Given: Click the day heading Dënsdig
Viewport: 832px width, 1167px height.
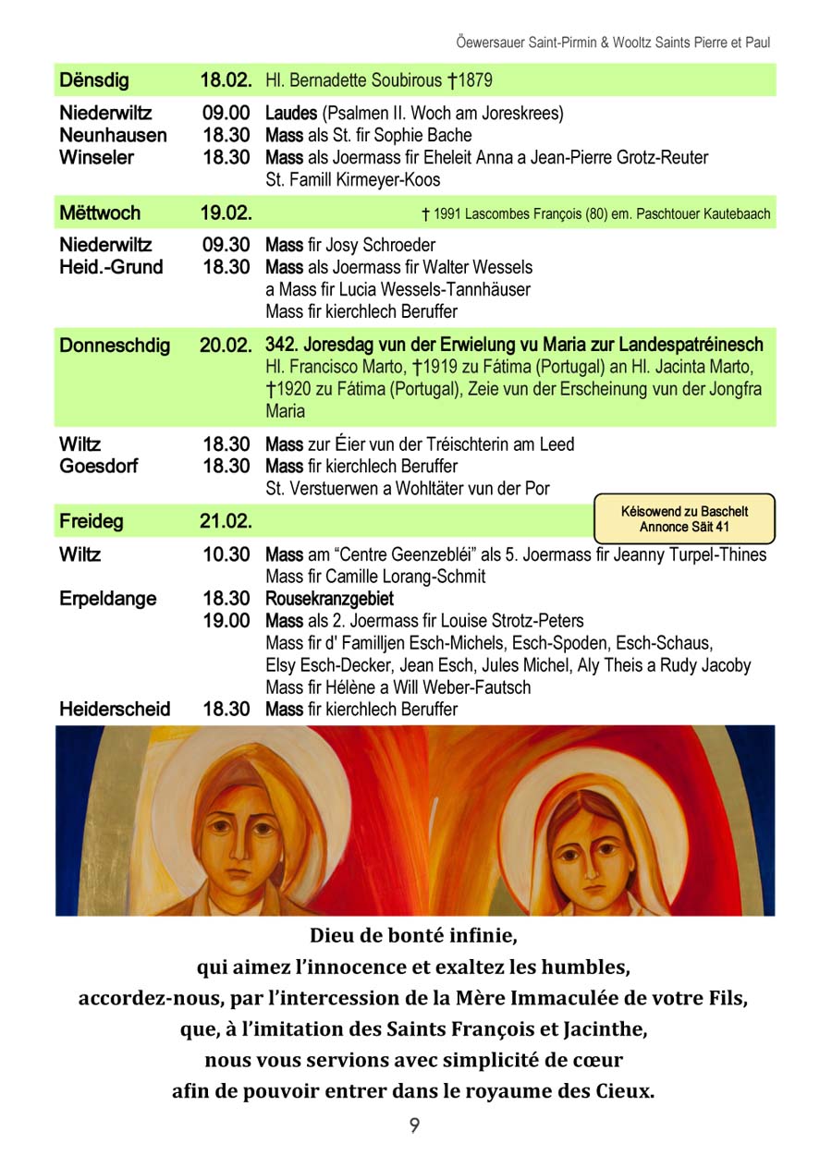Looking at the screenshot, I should (x=94, y=80).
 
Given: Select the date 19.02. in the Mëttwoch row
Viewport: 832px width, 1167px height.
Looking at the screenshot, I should (x=226, y=213).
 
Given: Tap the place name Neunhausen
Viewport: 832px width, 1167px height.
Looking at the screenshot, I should (x=113, y=136).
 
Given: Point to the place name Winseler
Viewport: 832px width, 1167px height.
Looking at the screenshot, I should (x=96, y=158).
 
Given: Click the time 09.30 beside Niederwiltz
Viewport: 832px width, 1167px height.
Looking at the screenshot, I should (x=226, y=246).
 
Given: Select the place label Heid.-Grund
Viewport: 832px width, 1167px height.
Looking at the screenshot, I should (x=110, y=268).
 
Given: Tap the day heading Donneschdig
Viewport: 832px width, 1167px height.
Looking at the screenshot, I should (x=115, y=346).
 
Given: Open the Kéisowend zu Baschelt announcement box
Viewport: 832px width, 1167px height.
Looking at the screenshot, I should (x=684, y=519).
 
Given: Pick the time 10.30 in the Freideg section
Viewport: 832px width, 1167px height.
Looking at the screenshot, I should (x=226, y=555).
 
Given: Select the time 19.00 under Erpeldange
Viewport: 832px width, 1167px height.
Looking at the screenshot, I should (x=226, y=621).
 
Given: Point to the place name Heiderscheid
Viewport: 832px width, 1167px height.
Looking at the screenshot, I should (x=115, y=710).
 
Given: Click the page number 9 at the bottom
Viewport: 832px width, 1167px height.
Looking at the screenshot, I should (x=415, y=1125).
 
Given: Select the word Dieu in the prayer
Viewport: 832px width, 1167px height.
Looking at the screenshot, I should (x=331, y=935).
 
